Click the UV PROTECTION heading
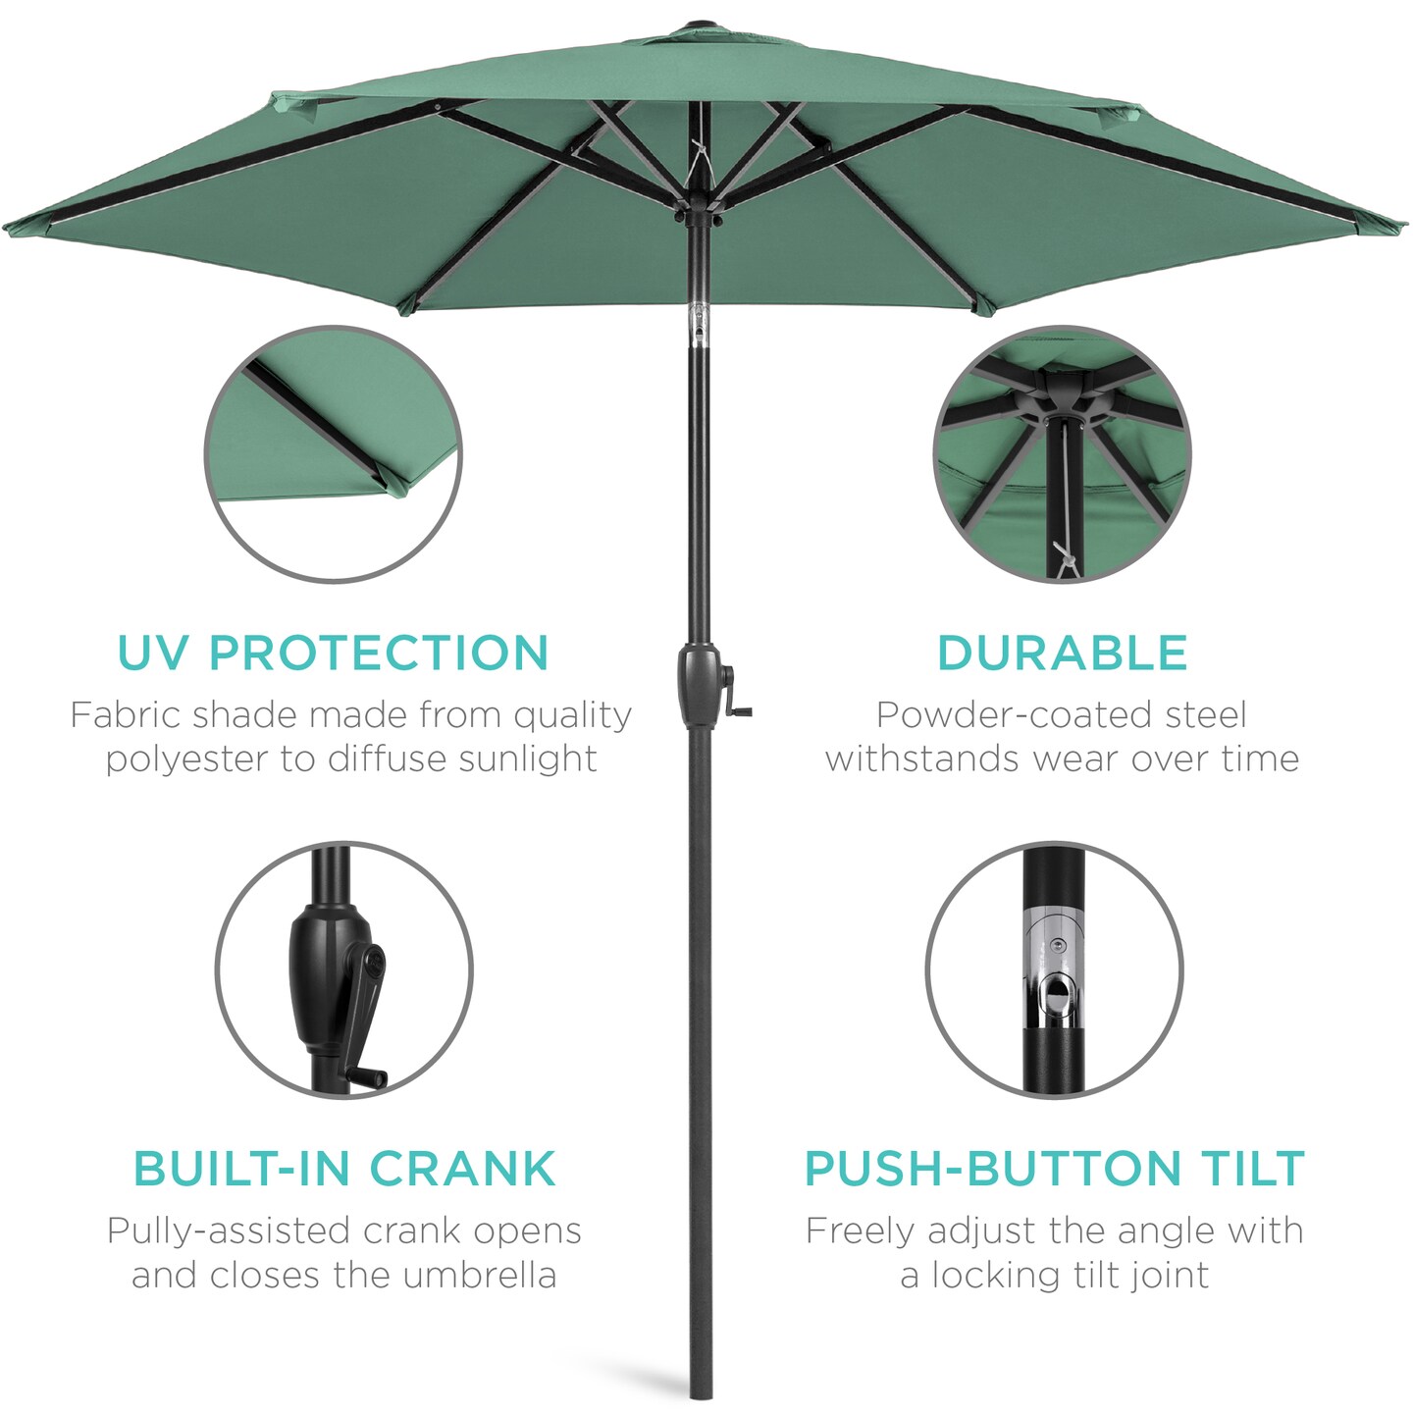click(x=333, y=654)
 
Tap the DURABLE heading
click(x=1062, y=654)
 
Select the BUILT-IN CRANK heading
click(x=344, y=1169)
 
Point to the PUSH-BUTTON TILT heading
click(x=1055, y=1169)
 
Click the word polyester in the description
click(x=187, y=759)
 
